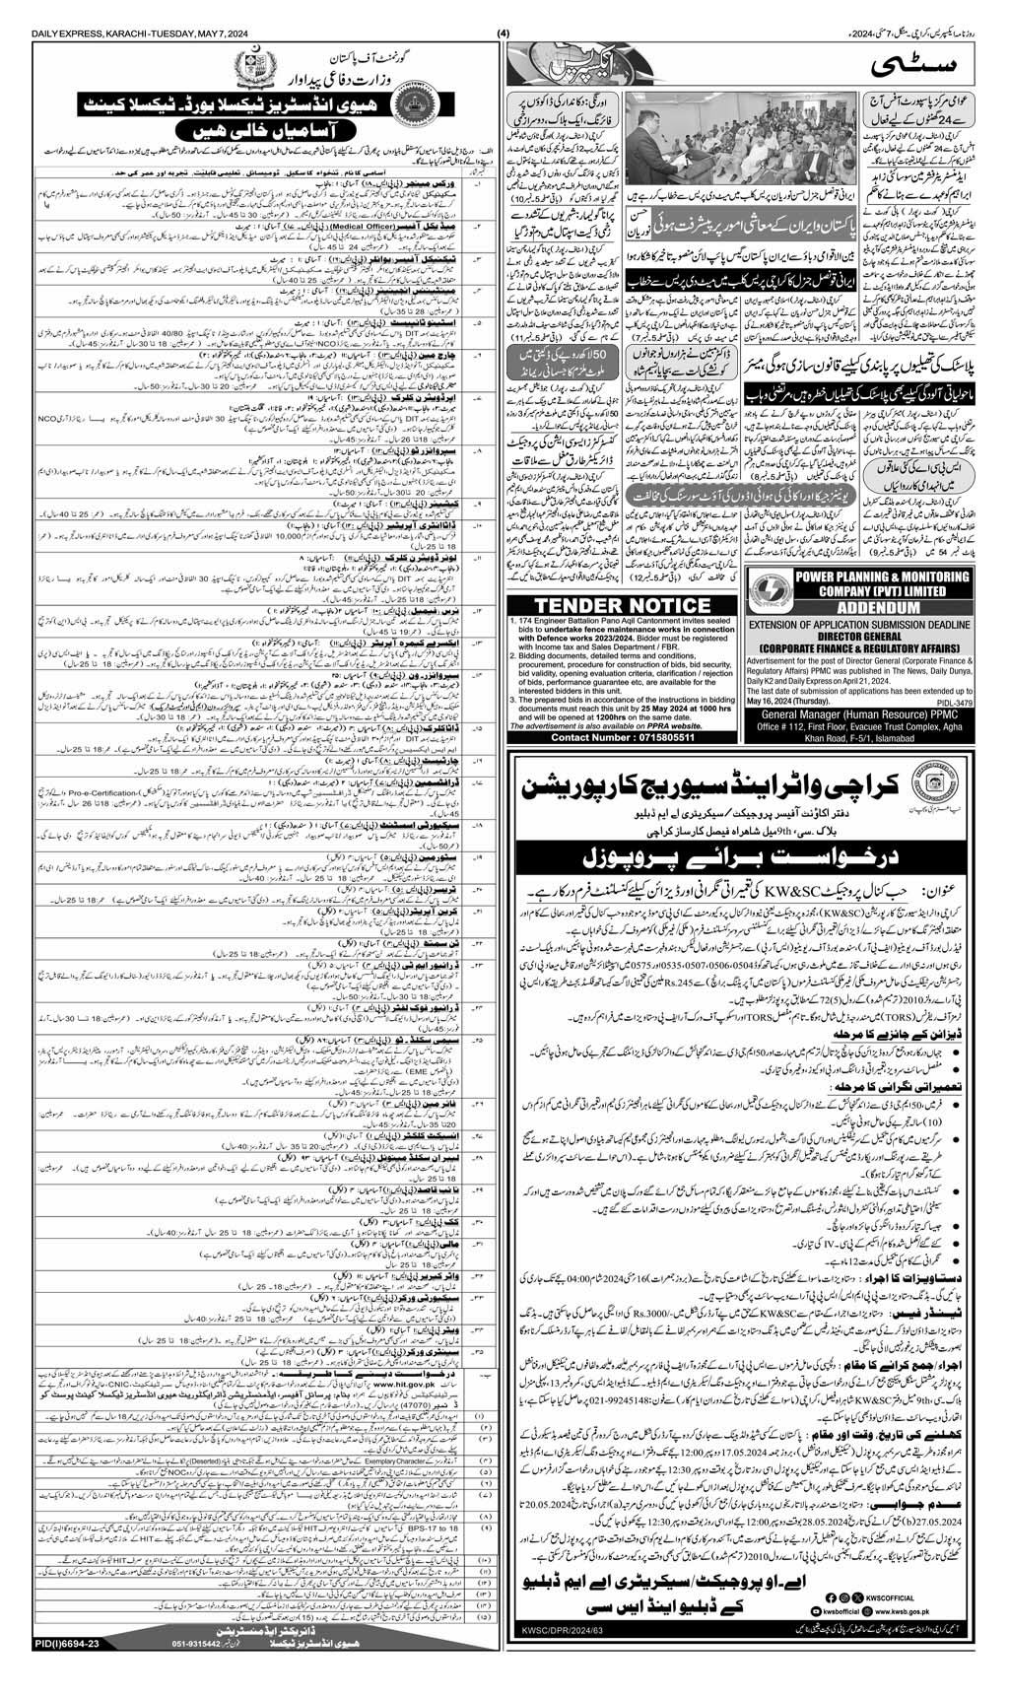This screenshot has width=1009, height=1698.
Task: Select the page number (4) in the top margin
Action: (x=504, y=11)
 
